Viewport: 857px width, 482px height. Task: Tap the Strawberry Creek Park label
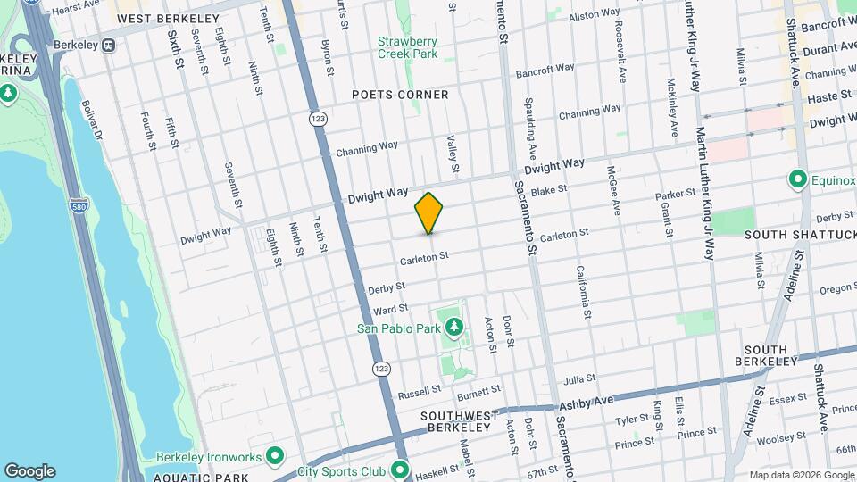(406, 47)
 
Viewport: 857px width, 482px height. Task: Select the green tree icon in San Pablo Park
(453, 328)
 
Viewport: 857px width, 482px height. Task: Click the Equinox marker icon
(798, 179)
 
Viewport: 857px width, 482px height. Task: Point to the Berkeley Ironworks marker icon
(276, 457)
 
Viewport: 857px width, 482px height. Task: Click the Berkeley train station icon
(109, 44)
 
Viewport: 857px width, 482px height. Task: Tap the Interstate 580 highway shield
(79, 206)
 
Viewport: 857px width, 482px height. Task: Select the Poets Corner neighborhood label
(400, 94)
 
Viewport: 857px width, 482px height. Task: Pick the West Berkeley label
(168, 18)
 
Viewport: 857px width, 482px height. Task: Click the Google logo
(29, 471)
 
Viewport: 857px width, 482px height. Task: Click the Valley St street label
(453, 154)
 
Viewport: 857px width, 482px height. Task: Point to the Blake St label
(549, 189)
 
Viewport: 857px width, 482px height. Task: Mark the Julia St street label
(578, 378)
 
